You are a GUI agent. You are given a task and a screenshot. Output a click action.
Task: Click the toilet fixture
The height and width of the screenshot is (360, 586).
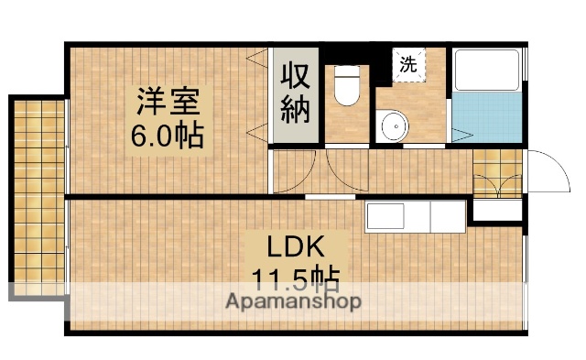tap(347, 88)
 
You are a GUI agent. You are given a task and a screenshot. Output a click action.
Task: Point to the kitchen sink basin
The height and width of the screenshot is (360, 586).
tap(385, 217)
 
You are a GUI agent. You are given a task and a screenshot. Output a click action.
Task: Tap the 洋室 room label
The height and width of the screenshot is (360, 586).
tap(168, 98)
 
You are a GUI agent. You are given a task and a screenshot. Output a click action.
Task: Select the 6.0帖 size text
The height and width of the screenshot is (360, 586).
tap(168, 136)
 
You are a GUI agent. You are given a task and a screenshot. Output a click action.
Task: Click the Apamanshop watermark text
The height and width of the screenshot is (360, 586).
tap(294, 300)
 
